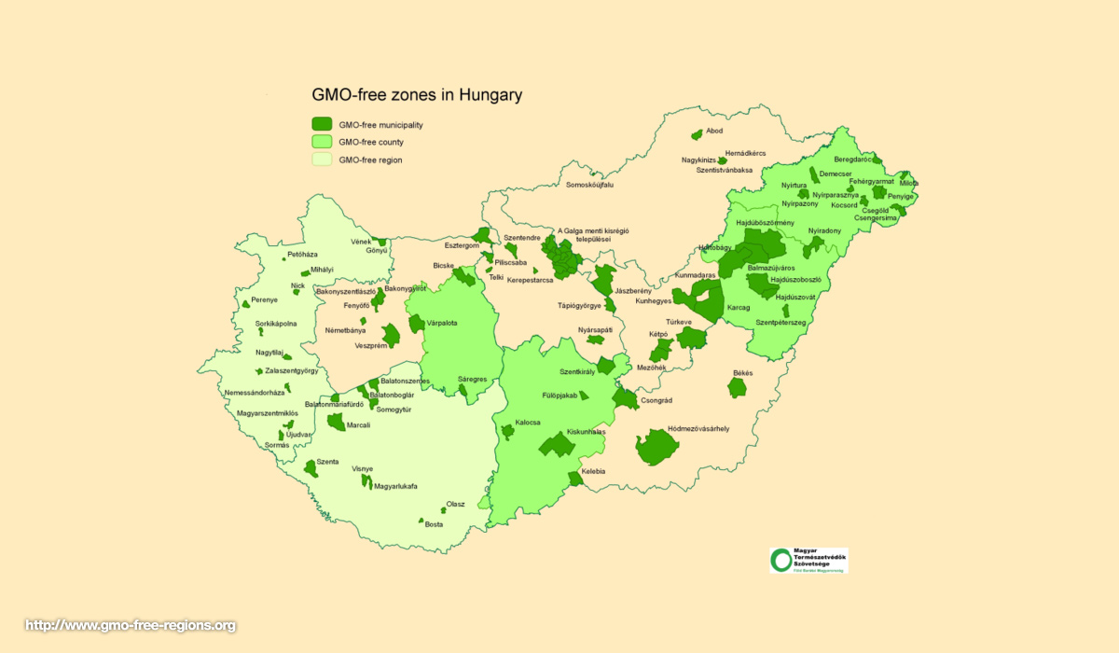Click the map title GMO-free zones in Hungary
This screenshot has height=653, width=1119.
[x=416, y=94]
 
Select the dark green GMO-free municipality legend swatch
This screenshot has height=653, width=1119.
[x=322, y=124]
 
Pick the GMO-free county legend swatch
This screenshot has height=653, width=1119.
[x=322, y=142]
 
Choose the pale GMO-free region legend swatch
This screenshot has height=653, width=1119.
[x=322, y=160]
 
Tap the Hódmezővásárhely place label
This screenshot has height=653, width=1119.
[x=698, y=428]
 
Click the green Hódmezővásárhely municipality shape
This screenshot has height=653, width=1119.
[x=657, y=449]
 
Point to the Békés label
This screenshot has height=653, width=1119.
[x=742, y=372]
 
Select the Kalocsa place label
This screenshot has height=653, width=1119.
[x=528, y=423]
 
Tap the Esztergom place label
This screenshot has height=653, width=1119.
[x=461, y=245]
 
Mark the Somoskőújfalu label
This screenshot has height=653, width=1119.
[x=589, y=185]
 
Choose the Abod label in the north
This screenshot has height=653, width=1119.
[x=714, y=131]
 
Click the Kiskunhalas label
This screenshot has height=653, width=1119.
[x=586, y=432]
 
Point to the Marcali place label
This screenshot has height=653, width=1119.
[x=358, y=425]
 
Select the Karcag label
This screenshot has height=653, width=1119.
[x=739, y=307]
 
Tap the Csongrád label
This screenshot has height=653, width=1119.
[x=656, y=400]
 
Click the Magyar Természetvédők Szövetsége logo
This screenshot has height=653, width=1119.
[x=808, y=560]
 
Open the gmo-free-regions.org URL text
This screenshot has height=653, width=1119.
[x=130, y=625]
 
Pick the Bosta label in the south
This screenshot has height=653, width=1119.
[x=434, y=524]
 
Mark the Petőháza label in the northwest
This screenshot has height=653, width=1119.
[x=302, y=254]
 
